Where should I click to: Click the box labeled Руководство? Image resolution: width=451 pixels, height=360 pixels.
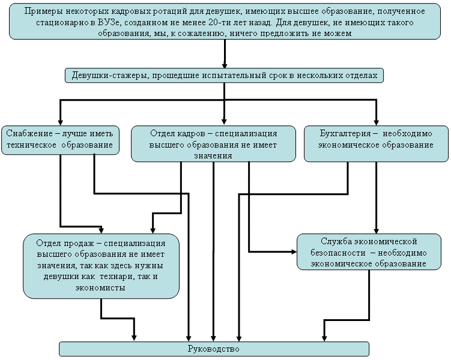tap(213, 349)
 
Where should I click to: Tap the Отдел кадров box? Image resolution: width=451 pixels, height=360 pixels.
tap(213, 143)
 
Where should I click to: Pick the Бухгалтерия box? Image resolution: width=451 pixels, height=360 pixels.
tap(376, 143)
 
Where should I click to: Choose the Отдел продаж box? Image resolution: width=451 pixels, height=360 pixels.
tap(101, 266)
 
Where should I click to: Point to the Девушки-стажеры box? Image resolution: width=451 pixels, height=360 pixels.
tap(223, 76)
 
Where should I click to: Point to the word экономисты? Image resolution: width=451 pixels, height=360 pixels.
tap(101, 288)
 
